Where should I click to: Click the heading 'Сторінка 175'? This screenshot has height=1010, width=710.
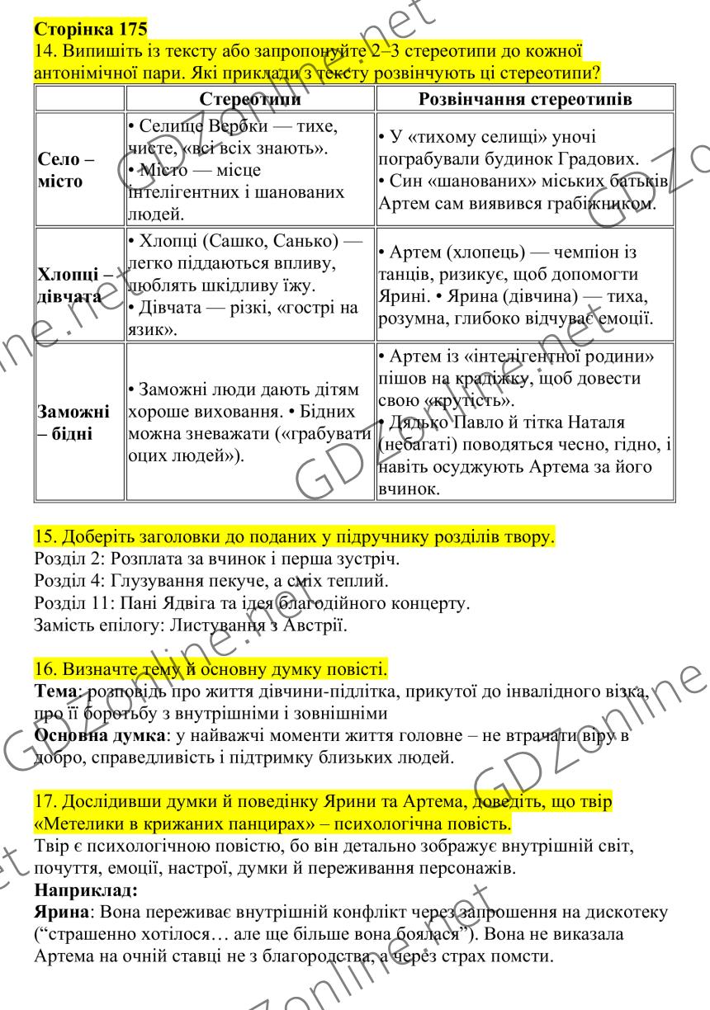(91, 30)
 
